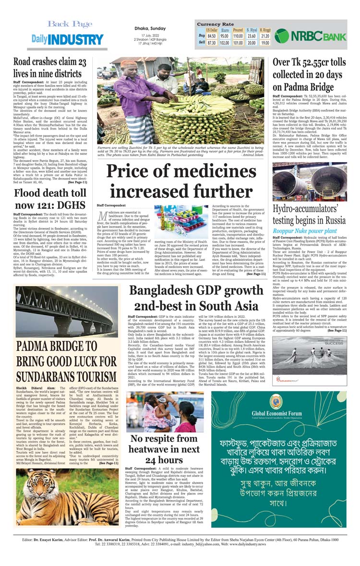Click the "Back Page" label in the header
pos(70,24)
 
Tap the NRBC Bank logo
pos(311,35)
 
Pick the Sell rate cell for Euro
pos(224,43)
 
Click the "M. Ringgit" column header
pos(265,30)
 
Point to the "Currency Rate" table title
pos(216,24)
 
